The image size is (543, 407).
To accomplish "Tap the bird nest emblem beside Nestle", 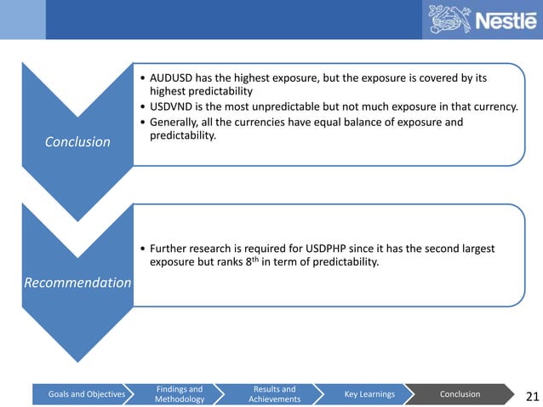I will pos(449,20).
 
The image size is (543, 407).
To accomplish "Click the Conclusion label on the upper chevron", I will pos(77,141).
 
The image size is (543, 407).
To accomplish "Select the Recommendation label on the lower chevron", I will pos(77,282).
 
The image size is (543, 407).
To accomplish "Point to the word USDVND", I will pos(173,106).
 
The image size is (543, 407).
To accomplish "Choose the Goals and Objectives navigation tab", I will pos(81,394).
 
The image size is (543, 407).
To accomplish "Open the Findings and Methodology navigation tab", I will pos(180,394).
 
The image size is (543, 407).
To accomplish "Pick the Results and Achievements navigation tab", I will pos(275,394).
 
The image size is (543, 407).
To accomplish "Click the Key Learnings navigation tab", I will pos(369,394).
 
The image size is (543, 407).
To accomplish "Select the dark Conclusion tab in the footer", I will pos(460,394).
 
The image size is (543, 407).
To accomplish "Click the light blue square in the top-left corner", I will pos(22,19).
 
